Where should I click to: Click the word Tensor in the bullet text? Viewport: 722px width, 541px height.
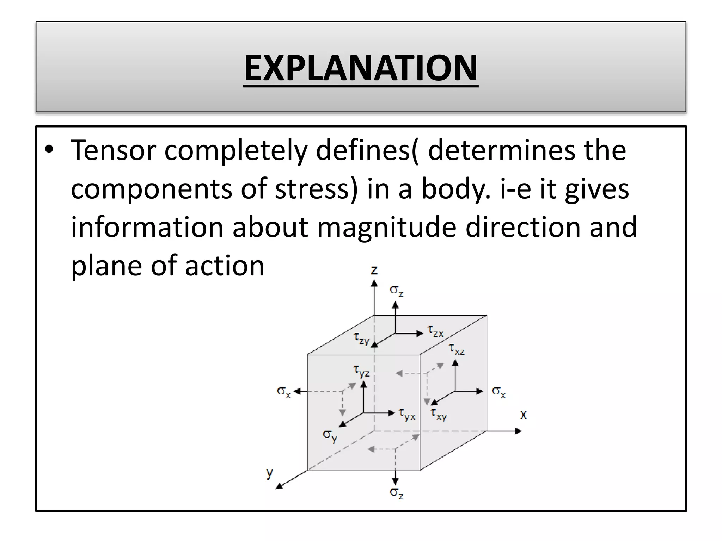click(113, 150)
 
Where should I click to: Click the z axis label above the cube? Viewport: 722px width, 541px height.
click(374, 270)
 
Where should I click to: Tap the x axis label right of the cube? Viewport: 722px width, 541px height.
click(524, 415)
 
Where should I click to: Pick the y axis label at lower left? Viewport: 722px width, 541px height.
click(270, 472)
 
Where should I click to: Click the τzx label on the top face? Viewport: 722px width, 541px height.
click(435, 331)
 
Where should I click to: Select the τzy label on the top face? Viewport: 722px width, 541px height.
click(361, 338)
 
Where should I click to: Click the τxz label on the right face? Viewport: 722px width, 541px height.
click(457, 349)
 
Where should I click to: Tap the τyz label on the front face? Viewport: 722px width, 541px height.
click(361, 371)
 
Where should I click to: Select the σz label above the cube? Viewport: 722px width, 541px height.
click(396, 291)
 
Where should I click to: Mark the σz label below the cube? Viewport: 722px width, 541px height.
click(396, 493)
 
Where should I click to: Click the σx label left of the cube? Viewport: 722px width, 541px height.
click(284, 392)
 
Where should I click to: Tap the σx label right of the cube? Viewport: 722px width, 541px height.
click(498, 392)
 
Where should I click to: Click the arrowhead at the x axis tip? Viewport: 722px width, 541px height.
click(518, 431)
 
